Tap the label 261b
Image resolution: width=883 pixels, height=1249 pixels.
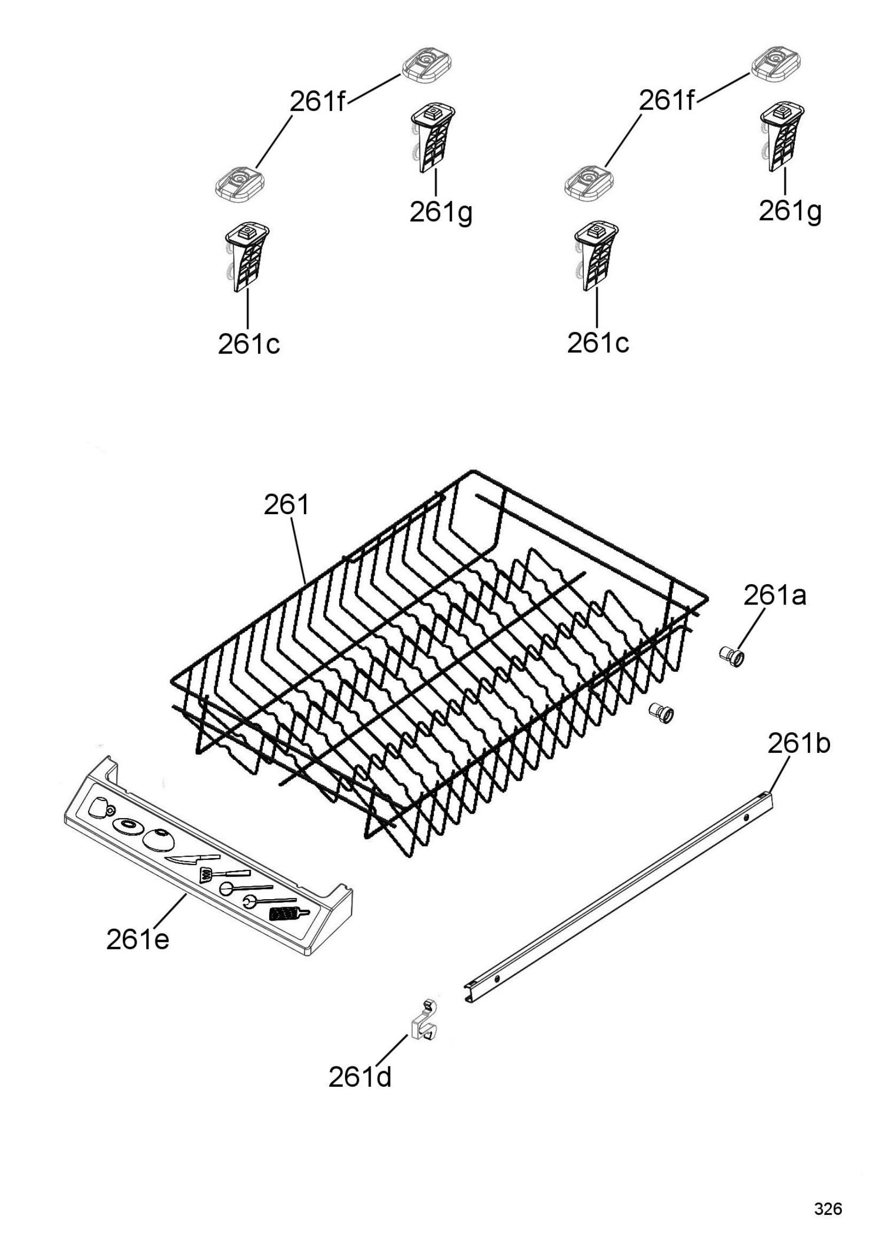point(799,744)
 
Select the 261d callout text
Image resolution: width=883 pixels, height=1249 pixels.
point(360,1077)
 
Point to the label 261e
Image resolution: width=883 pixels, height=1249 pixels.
point(138,939)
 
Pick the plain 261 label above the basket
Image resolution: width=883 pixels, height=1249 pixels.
point(287,505)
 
